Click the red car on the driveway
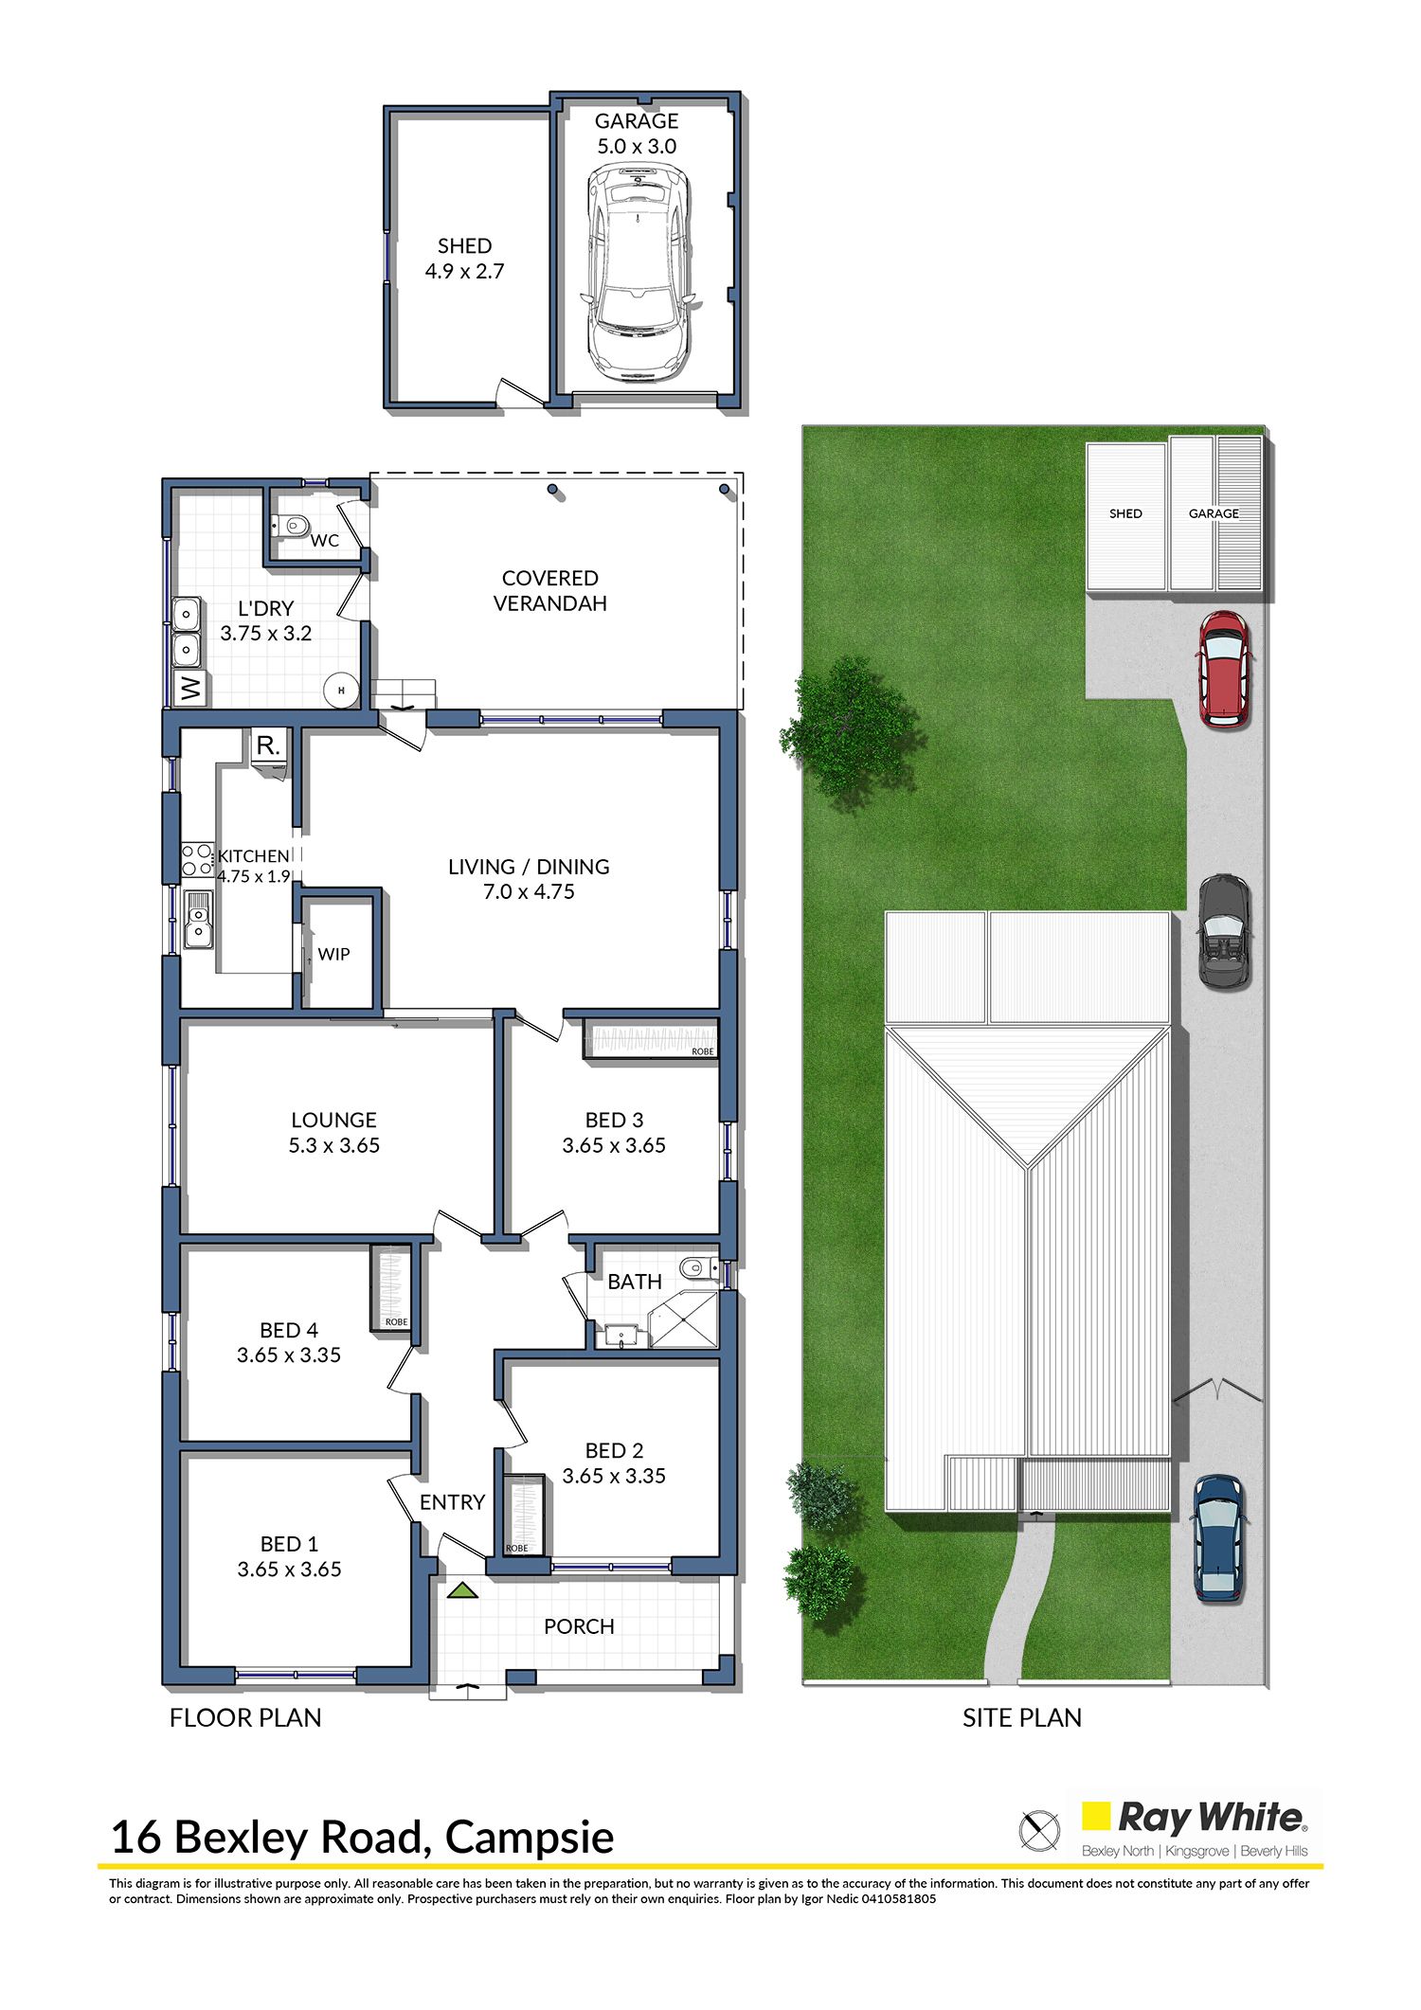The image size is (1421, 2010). (1225, 669)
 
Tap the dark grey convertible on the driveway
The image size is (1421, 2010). (1225, 932)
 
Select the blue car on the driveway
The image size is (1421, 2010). (1218, 1539)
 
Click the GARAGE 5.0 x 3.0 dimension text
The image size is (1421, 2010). (637, 146)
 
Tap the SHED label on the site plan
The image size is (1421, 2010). (1125, 513)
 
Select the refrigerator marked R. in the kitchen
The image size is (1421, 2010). (269, 745)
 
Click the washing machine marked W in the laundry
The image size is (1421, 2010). (191, 688)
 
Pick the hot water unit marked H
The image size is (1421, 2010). (341, 691)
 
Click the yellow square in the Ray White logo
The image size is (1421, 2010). (1096, 1816)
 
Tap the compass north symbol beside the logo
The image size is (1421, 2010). (1039, 1829)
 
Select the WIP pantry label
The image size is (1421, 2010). (333, 954)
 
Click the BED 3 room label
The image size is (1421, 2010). (614, 1120)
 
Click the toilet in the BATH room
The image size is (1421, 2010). (699, 1267)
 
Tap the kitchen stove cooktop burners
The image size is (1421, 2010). (197, 860)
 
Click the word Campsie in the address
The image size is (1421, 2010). (530, 1839)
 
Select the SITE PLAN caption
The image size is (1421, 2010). (1022, 1718)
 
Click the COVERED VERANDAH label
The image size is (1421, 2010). (550, 590)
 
